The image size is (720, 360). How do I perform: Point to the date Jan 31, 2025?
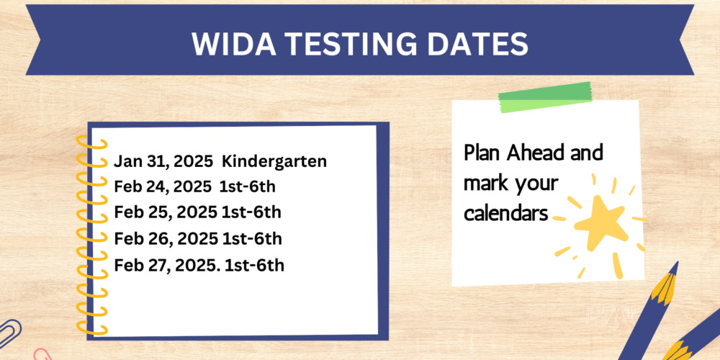click(163, 162)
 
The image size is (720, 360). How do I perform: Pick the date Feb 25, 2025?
click(166, 213)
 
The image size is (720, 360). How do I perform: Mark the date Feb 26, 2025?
click(166, 239)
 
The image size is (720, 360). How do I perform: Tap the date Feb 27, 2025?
click(167, 266)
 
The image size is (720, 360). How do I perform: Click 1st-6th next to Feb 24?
click(248, 187)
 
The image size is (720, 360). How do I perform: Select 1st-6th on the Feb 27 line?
click(254, 265)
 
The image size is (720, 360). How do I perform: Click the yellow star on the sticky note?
click(600, 222)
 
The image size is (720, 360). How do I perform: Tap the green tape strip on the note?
click(545, 97)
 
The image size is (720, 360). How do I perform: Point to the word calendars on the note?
click(506, 214)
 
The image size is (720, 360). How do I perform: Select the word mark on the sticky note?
click(484, 183)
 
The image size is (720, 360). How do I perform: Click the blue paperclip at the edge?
click(10, 329)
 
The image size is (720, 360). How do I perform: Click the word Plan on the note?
click(482, 153)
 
